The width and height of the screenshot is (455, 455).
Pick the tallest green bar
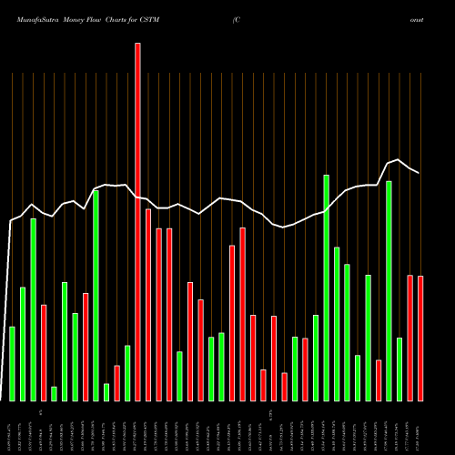(326, 288)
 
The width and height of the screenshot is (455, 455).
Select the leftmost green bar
(13, 363)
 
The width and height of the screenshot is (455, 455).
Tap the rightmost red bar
(420, 338)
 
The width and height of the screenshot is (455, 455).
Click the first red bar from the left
(44, 352)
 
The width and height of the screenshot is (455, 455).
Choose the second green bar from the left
(23, 344)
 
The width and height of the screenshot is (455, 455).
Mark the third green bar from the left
(34, 309)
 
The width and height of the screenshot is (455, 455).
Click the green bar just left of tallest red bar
(127, 373)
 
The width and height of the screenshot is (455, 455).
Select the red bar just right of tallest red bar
(148, 305)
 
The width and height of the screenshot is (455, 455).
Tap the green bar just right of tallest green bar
(337, 323)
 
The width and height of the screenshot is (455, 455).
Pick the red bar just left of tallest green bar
(305, 369)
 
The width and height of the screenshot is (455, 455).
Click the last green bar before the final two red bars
(399, 369)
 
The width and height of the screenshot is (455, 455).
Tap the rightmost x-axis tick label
(420, 428)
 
